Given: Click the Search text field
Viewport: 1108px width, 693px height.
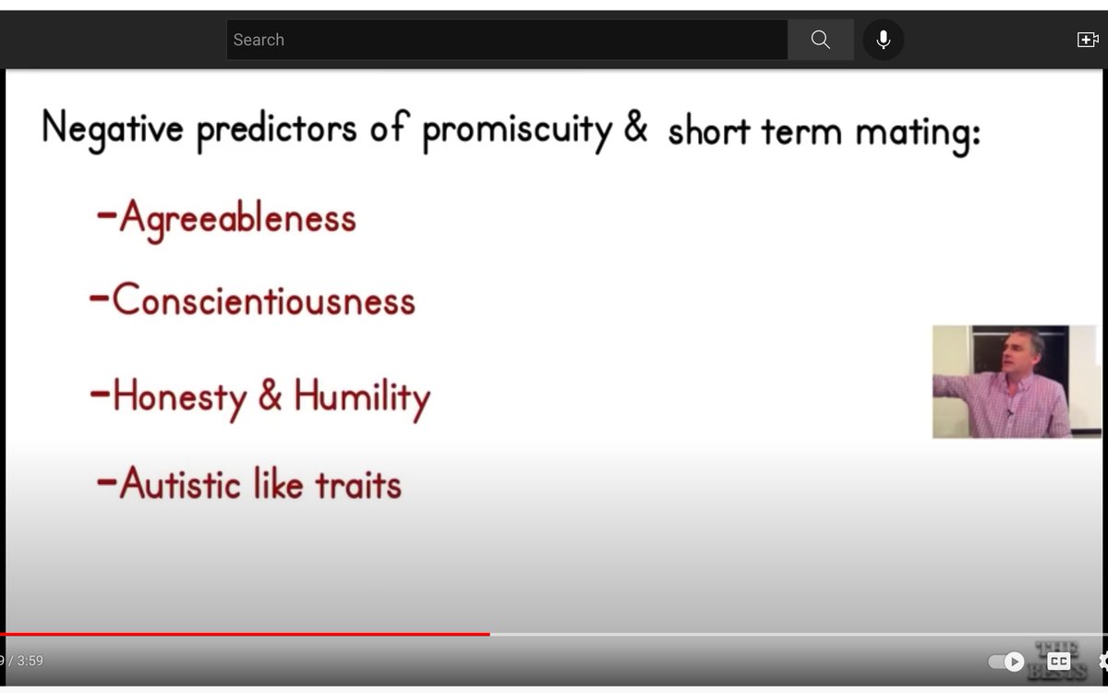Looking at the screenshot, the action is tap(507, 40).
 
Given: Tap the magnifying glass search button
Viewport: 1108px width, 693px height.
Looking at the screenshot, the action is tap(821, 40).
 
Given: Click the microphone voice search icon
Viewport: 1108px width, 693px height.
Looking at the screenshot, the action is tap(884, 40).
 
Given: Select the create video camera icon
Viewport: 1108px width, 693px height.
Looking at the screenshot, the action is tap(1088, 40).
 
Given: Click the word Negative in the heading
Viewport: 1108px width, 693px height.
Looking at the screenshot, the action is tap(113, 129).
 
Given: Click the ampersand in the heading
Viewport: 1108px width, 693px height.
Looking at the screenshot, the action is tap(636, 127).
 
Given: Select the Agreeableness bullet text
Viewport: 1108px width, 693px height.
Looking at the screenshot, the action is tap(238, 219).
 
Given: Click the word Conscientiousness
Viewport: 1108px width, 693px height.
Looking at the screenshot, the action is tap(264, 300).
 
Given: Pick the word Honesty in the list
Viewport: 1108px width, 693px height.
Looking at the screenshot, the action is tap(180, 398).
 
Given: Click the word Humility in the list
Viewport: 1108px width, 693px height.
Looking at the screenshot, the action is tap(363, 399).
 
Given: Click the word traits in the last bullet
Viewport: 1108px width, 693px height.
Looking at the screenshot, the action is tap(358, 484).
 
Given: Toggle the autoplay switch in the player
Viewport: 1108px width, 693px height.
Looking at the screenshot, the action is tap(1006, 662).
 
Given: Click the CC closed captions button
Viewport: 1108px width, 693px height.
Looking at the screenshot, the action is tap(1058, 661).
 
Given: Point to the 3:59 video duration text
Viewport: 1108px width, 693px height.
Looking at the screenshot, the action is tap(30, 661).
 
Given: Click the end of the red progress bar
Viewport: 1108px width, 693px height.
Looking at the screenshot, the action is tap(489, 634).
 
